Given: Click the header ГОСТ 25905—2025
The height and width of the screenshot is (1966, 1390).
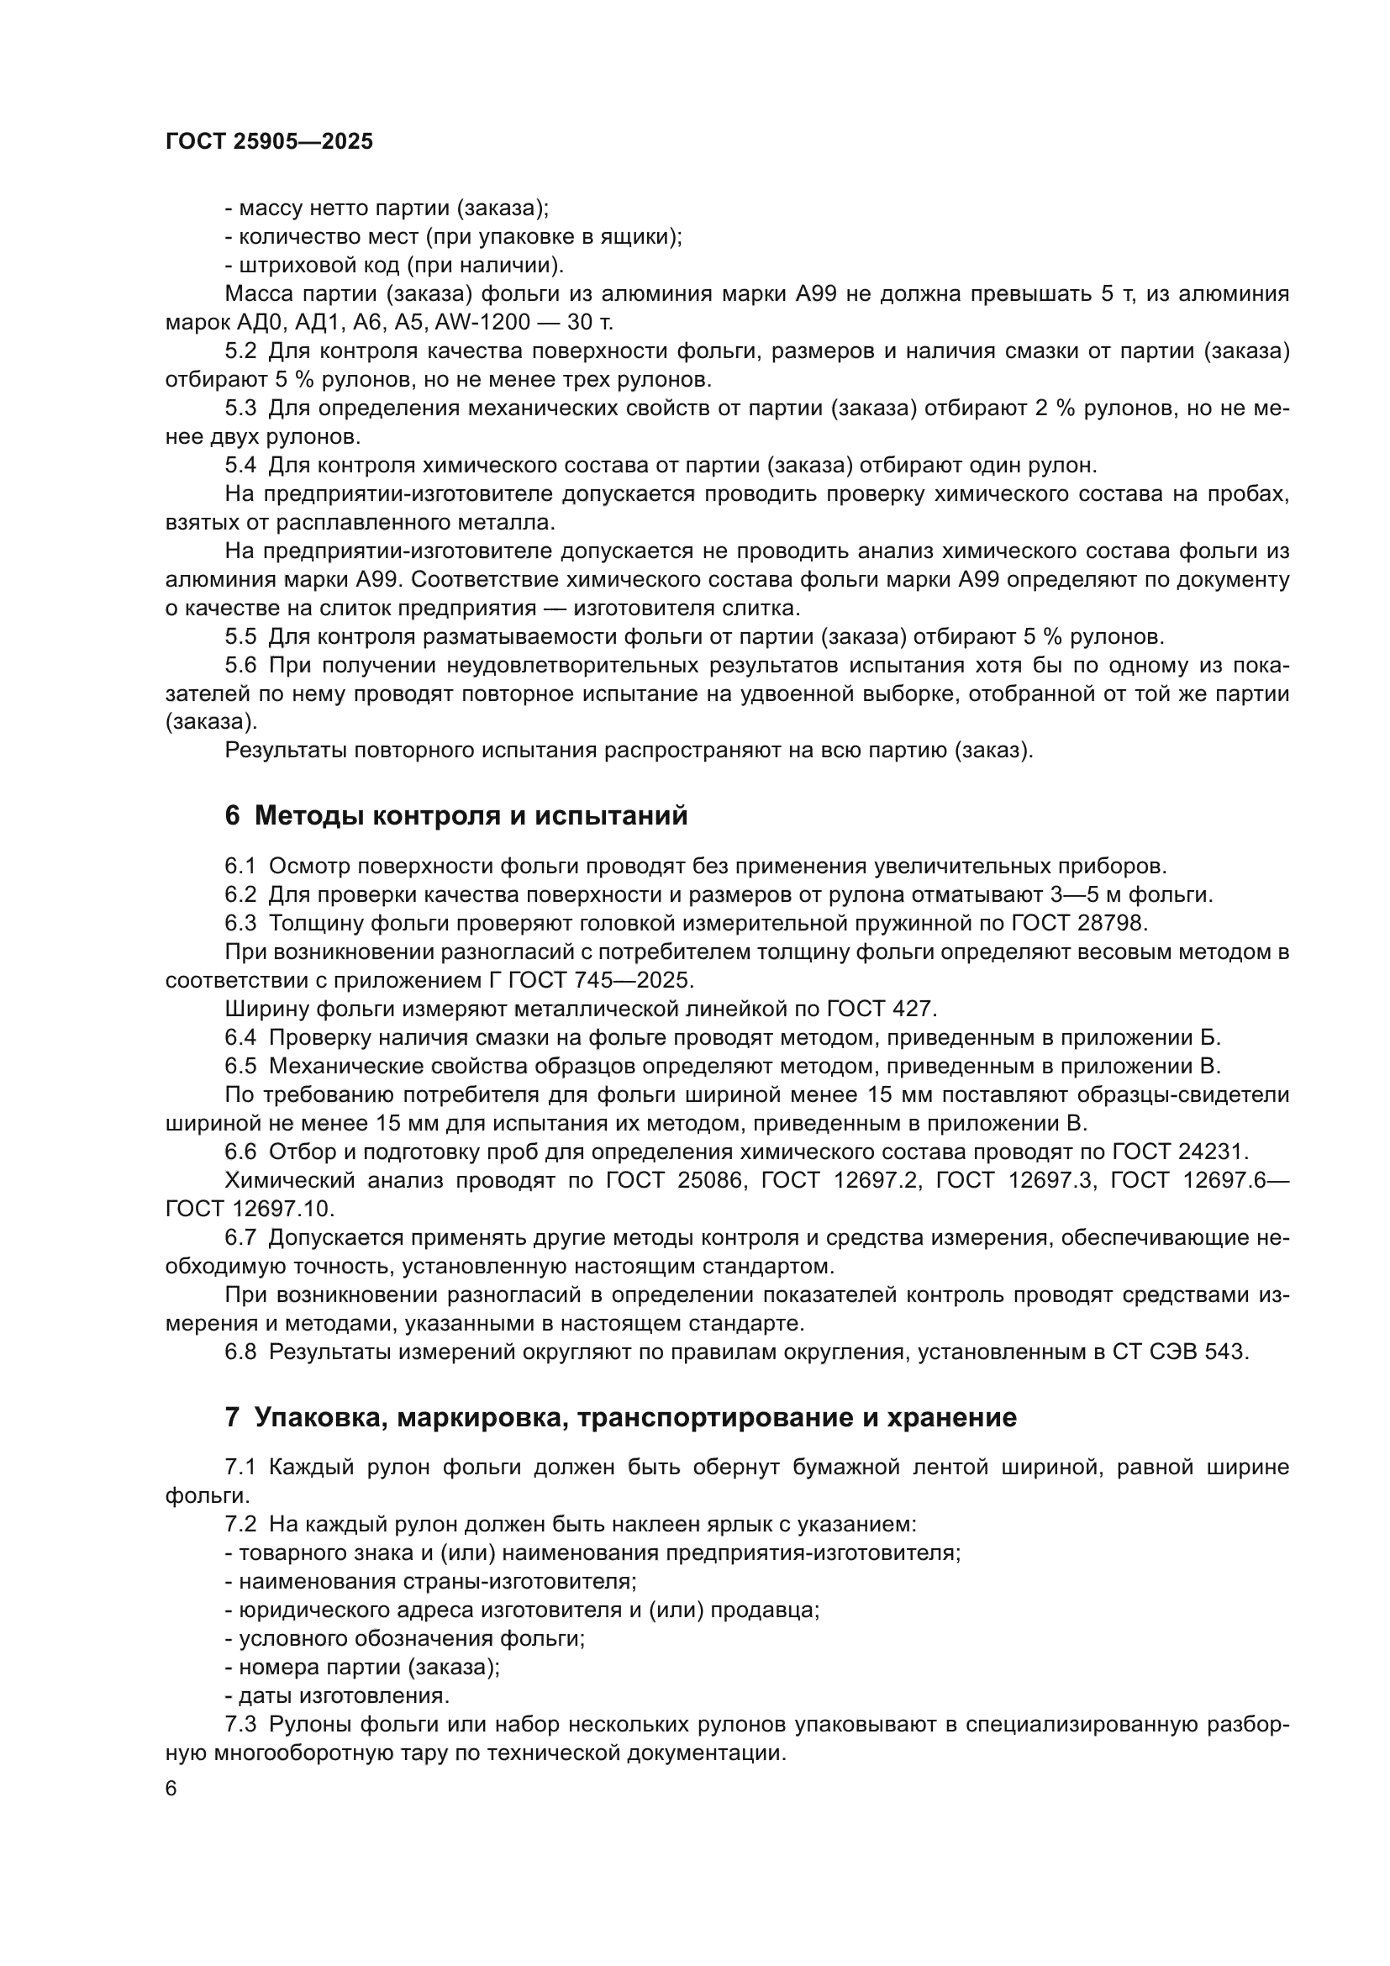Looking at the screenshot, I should point(269,142).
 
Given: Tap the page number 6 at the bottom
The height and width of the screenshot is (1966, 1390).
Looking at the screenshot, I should point(171,1789).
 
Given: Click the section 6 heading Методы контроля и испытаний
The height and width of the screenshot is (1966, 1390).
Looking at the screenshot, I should point(455,816).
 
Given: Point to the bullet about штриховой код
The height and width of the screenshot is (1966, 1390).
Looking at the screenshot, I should point(393,266).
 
